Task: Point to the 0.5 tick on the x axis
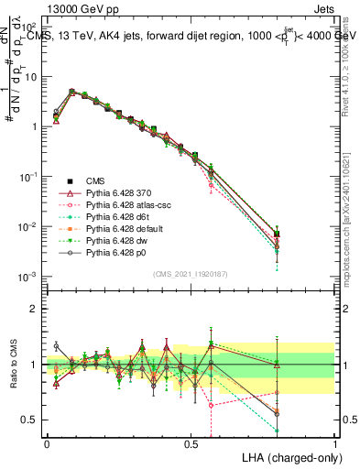[x=191, y=442]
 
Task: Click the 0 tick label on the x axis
[x=47, y=442]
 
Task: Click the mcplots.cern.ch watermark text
[x=349, y=220]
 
